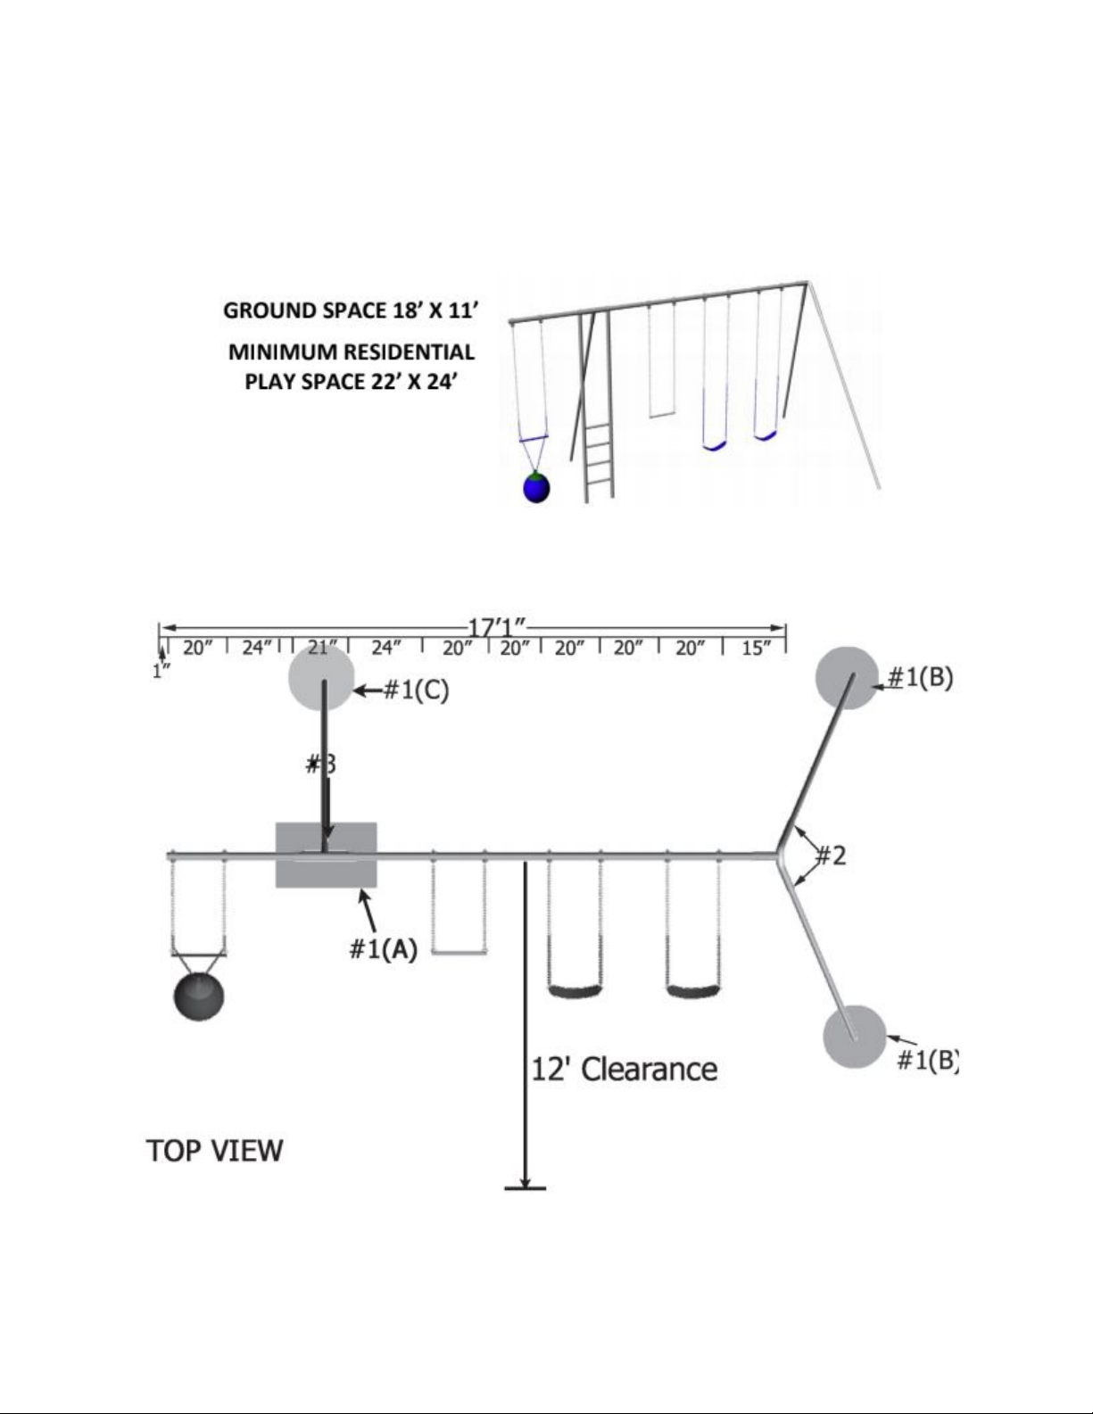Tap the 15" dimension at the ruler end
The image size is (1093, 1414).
[x=755, y=649]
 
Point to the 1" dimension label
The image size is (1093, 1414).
[x=161, y=671]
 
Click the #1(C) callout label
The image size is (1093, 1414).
[x=415, y=690]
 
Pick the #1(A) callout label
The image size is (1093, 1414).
[x=383, y=949]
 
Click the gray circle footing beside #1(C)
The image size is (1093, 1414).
[x=322, y=678]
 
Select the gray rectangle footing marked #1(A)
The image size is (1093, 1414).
[x=326, y=855]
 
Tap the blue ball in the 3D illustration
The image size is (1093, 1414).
[x=536, y=487]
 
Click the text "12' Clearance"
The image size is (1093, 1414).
[x=624, y=1069]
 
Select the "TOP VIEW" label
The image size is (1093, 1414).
[x=214, y=1150]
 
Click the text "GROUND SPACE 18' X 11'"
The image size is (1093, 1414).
[x=352, y=310]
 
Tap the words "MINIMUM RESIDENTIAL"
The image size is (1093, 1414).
[x=352, y=351]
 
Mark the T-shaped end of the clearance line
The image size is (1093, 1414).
[x=526, y=1187]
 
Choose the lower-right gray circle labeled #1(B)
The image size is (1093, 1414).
[x=855, y=1036]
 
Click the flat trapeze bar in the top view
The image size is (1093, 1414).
[x=460, y=952]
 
